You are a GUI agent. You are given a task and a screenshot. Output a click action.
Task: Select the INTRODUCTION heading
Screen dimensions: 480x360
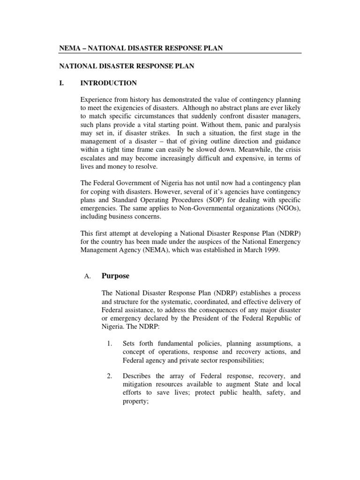point(109,83)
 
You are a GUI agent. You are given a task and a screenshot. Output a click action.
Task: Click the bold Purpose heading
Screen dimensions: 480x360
point(116,276)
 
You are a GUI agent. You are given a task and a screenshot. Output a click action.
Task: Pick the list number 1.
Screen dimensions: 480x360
point(110,344)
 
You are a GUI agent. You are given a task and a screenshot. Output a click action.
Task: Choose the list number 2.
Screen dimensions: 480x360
point(110,375)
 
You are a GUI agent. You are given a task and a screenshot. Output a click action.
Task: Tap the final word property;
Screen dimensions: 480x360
point(135,401)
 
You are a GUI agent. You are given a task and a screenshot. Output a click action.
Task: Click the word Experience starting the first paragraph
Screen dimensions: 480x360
point(97,100)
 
